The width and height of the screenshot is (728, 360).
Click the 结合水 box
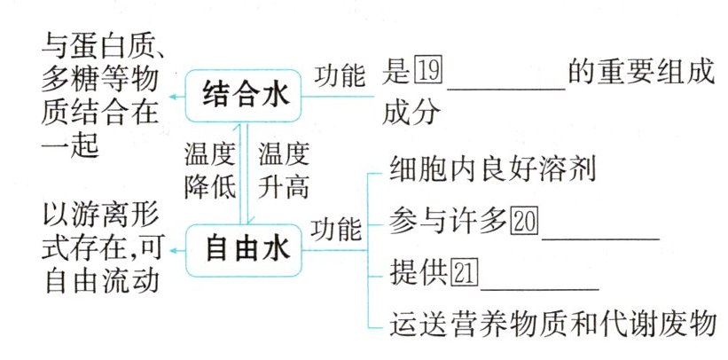click(x=246, y=93)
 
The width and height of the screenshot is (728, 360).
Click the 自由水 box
click(x=246, y=249)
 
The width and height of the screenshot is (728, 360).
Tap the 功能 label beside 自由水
click(x=336, y=231)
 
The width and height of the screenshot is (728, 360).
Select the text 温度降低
click(x=209, y=171)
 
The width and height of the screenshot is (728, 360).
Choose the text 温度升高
click(x=284, y=171)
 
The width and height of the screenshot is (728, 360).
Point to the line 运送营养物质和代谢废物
click(x=552, y=323)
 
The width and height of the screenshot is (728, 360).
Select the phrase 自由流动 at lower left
click(x=100, y=282)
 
